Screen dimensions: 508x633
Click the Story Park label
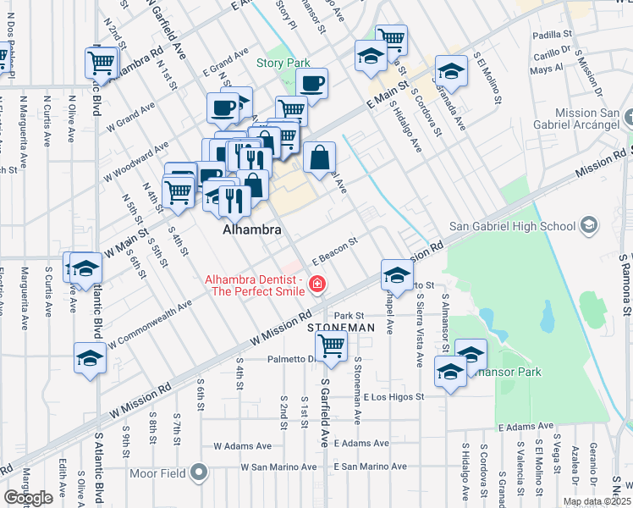click(283, 63)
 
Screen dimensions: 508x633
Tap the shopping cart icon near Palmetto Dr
click(331, 345)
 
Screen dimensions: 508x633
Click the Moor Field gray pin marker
click(199, 472)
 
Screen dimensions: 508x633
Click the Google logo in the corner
click(28, 498)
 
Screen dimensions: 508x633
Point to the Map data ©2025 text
click(596, 501)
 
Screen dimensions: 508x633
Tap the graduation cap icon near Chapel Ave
click(396, 273)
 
